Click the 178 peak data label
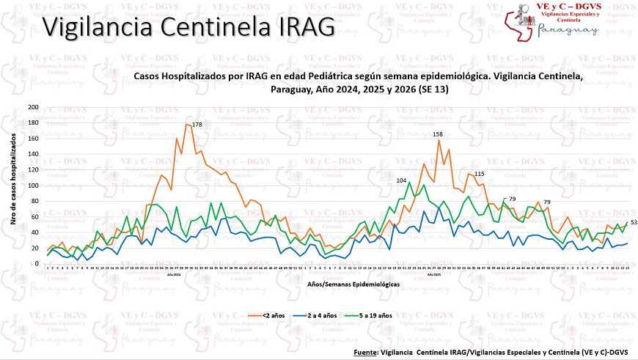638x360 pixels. (x=197, y=125)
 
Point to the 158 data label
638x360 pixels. (x=438, y=134)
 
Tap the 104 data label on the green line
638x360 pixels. (x=401, y=180)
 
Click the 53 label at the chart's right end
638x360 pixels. (x=634, y=222)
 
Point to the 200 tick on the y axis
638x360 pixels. (x=33, y=107)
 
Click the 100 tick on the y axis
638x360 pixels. (x=33, y=185)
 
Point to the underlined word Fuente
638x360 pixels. (x=365, y=353)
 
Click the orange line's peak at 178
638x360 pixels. (x=186, y=125)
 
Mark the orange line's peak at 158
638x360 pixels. (x=439, y=140)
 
